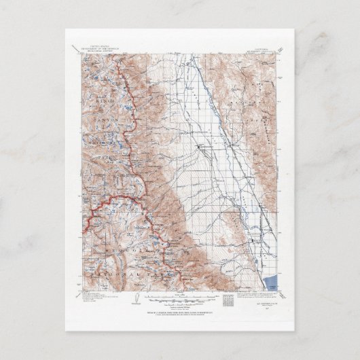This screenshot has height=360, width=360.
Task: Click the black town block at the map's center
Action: (199, 146)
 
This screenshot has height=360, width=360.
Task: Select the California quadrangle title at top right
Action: (259, 48)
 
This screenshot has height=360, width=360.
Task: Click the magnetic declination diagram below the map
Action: (137, 300)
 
